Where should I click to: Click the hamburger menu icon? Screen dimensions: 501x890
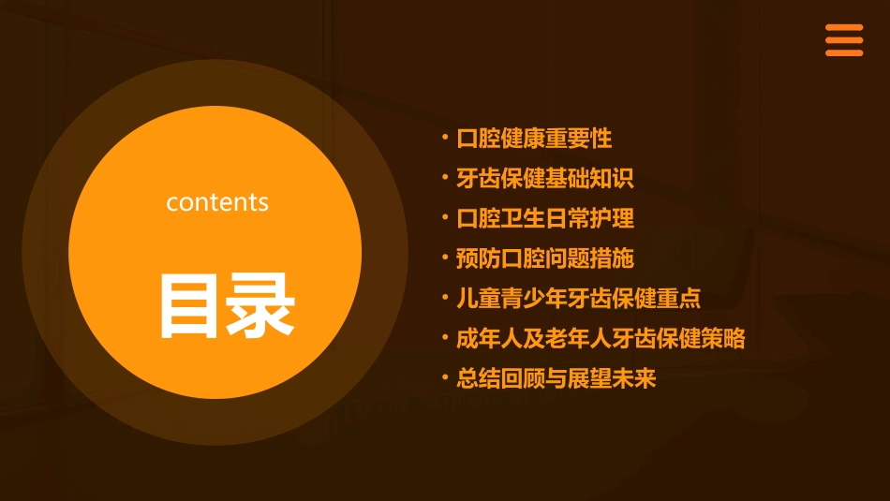coord(844,40)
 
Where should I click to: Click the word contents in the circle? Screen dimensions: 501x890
coord(217,202)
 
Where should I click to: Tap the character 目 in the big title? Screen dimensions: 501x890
coord(191,305)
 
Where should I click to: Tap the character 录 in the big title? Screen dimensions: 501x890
coord(262,305)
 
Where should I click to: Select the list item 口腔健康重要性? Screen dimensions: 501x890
coord(533,139)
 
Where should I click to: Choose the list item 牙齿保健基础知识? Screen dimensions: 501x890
coord(544,178)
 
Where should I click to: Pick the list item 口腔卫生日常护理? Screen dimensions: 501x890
coord(544,218)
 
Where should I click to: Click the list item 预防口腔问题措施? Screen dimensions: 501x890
coord(544,258)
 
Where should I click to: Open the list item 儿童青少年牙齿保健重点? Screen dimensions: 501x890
coord(578,299)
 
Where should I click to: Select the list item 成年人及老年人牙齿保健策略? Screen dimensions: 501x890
coord(601,338)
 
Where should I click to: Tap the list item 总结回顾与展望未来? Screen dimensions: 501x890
coord(556,378)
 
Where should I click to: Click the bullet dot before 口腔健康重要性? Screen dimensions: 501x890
coord(445,137)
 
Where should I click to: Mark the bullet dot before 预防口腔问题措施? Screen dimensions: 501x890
coord(445,257)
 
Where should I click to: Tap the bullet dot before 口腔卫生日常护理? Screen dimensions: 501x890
coord(445,216)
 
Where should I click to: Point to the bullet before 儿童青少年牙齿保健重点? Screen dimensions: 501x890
coord(445,297)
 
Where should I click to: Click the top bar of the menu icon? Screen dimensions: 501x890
coord(844,27)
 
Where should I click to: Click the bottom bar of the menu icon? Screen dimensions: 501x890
coord(844,53)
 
